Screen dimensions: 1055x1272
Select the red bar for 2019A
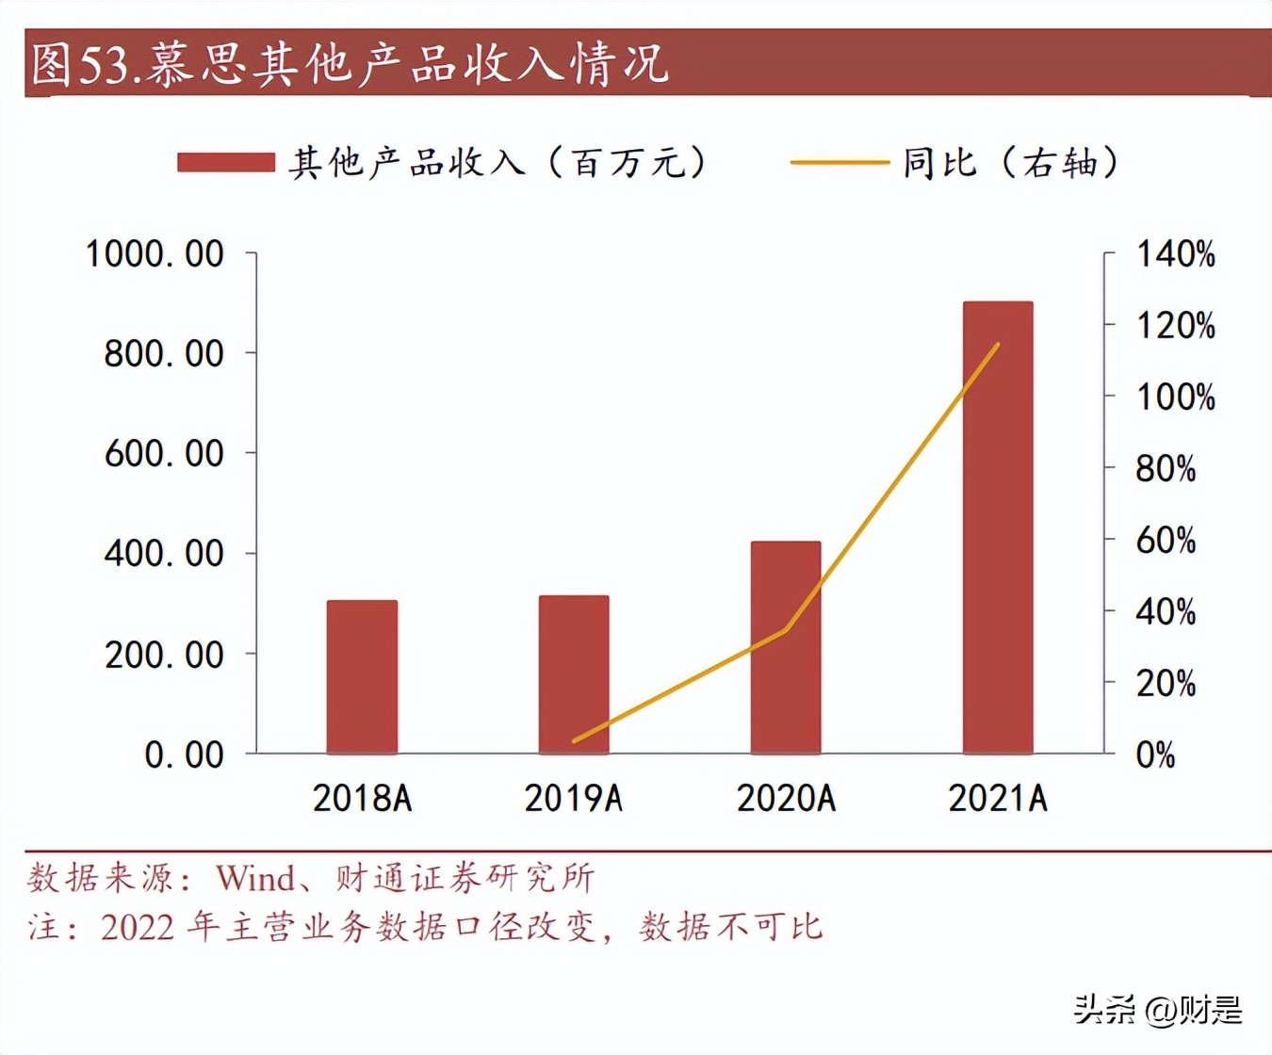pos(574,674)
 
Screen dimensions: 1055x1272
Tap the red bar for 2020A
pos(786,647)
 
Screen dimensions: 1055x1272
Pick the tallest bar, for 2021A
pos(998,527)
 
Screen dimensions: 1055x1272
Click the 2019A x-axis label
pos(574,799)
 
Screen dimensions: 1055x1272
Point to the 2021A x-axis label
pos(998,799)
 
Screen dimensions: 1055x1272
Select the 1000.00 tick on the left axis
pos(155,254)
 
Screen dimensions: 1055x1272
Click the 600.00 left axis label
pos(164,454)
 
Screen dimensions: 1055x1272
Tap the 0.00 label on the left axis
pos(184,755)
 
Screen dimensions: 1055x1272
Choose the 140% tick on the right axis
pos(1175,254)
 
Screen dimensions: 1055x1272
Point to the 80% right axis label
pos(1166,468)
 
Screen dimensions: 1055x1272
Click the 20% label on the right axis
pos(1166,683)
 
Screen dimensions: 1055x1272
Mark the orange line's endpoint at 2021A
pos(998,345)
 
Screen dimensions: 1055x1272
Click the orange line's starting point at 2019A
pos(574,741)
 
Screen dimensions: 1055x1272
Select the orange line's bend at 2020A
pos(786,629)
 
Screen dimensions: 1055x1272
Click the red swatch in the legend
pos(226,163)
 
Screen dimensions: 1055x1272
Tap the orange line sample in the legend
pos(839,163)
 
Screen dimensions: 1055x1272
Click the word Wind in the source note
pos(255,879)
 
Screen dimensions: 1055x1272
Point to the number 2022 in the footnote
pos(138,928)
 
